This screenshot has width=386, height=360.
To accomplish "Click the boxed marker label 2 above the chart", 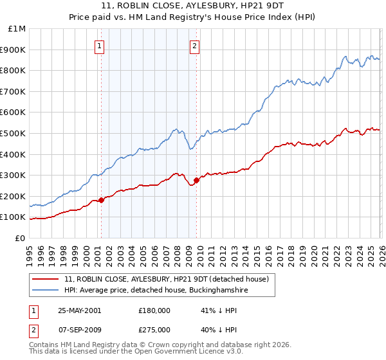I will (x=194, y=46).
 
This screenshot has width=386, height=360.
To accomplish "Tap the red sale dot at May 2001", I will (x=102, y=201).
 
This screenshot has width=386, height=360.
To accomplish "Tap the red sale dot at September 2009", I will (x=196, y=181).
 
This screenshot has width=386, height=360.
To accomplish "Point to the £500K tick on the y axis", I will (x=15, y=133).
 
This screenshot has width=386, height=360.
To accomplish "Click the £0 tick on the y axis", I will (x=21, y=238).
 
